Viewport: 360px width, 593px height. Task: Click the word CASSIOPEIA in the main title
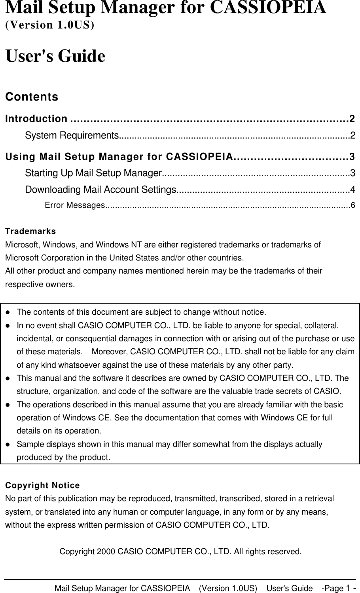pos(268,8)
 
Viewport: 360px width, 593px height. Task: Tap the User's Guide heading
pos(55,56)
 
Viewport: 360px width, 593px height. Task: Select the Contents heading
pos(32,97)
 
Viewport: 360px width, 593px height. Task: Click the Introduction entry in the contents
pos(36,118)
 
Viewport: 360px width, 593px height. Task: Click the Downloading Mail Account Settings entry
pos(100,190)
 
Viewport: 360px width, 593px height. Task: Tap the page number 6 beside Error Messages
pos(353,205)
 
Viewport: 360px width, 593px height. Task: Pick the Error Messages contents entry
pos(74,205)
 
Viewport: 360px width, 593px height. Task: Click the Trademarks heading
pos(30,231)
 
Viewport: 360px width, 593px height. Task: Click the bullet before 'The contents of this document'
pos(8,312)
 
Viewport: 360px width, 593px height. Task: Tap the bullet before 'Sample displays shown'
pos(8,445)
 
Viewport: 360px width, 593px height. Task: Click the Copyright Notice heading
pos(42,485)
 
